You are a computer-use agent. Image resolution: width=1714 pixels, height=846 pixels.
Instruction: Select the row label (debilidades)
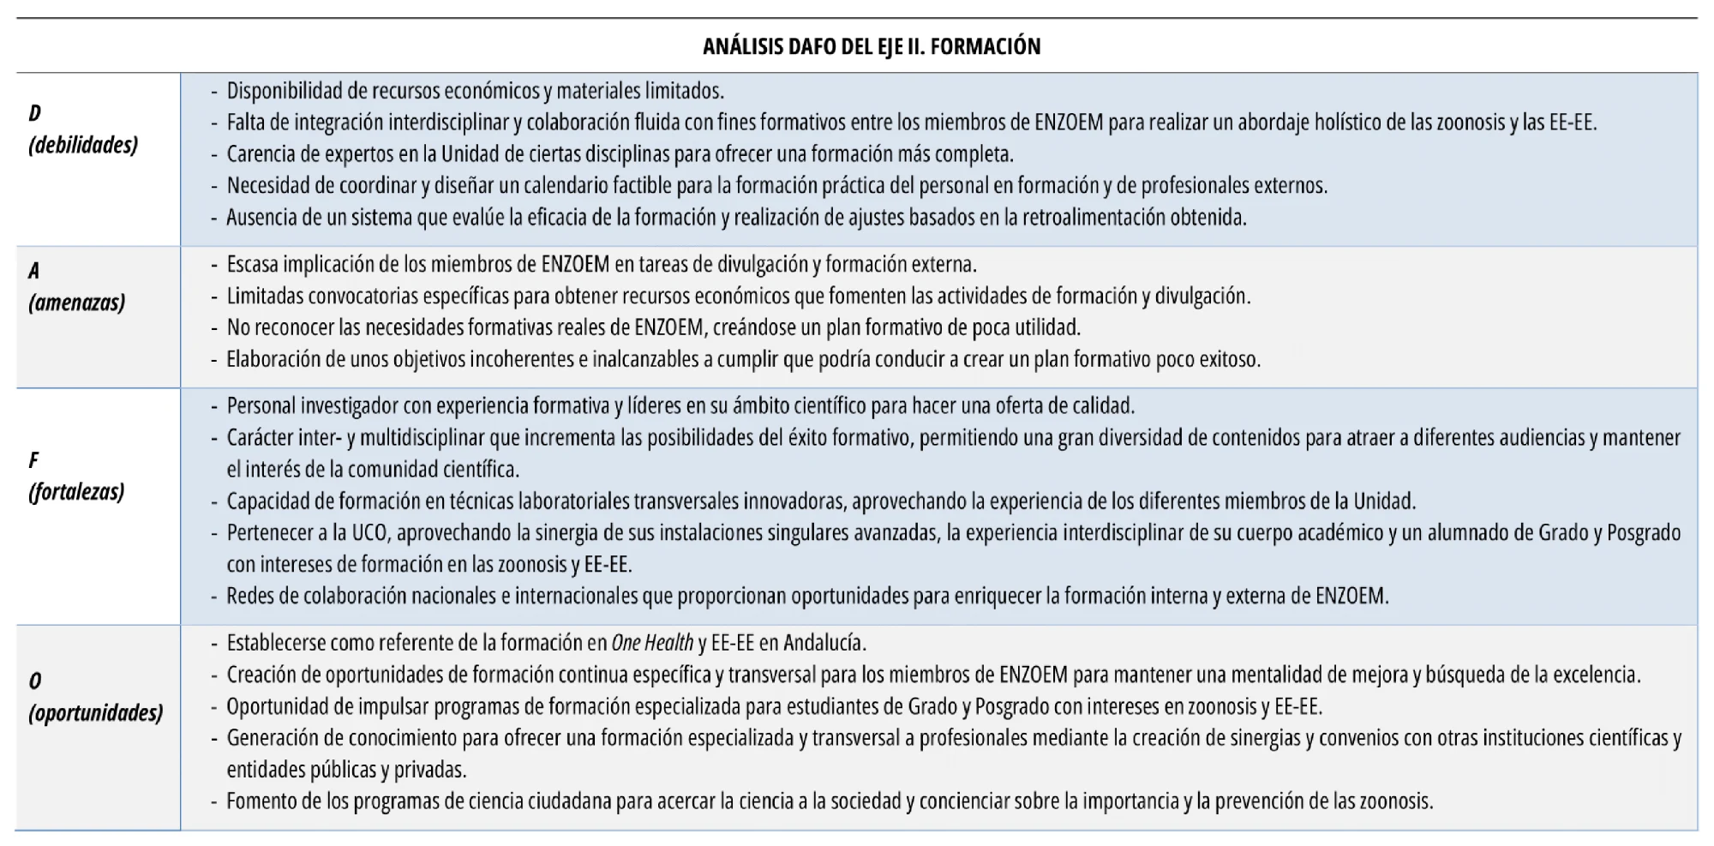(83, 145)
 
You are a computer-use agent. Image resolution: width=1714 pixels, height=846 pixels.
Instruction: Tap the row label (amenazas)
(76, 302)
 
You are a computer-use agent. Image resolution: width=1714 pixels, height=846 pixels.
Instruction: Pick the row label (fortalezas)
(76, 491)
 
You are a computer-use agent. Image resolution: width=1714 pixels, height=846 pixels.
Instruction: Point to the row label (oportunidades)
(95, 712)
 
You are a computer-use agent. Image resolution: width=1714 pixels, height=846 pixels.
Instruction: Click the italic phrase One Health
(652, 643)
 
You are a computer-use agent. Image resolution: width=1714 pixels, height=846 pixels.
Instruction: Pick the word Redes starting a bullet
(249, 596)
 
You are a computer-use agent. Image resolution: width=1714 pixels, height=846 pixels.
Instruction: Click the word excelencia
(1595, 675)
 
